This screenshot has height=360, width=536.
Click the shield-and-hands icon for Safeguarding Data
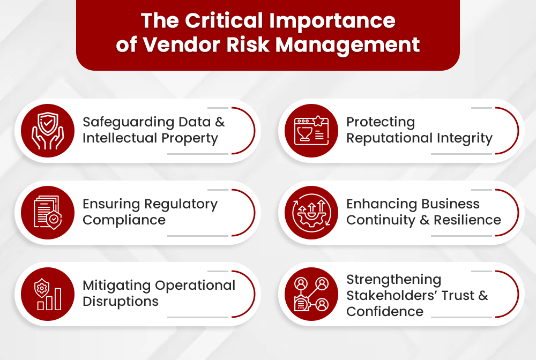click(x=48, y=131)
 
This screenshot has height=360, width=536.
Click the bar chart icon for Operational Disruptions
click(x=48, y=294)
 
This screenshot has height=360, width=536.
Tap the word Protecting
click(x=381, y=123)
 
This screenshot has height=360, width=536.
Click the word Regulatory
click(x=183, y=204)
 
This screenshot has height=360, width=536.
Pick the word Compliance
click(x=124, y=220)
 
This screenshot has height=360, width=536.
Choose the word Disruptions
click(x=121, y=302)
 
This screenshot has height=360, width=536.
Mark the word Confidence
click(x=385, y=312)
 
